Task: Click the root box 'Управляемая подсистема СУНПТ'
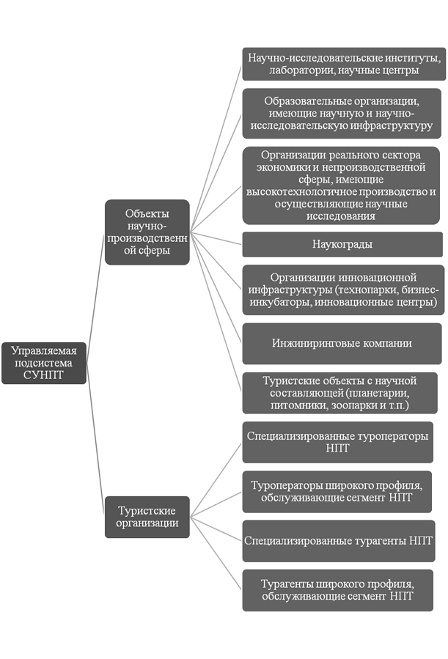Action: pos(44,363)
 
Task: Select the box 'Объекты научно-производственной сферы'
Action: pos(147,232)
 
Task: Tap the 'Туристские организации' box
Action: pos(147,517)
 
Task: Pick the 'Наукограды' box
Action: pos(342,244)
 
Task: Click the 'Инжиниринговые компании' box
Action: pos(342,343)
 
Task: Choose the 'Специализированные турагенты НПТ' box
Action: pos(339,541)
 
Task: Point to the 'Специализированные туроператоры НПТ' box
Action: pos(338,442)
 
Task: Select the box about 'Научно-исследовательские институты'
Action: pos(344,64)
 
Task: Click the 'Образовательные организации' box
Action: pos(342,114)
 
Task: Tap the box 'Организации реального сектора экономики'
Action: pos(341,185)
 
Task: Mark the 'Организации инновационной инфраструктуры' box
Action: pos(343,290)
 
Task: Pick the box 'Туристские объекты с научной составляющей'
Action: pos(340,393)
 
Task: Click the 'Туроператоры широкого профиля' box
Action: pos(337,492)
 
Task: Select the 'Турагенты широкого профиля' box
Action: pos(338,590)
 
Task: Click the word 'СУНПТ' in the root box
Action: pos(43,375)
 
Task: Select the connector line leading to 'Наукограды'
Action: pos(216,238)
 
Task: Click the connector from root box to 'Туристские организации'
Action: pos(95,440)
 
